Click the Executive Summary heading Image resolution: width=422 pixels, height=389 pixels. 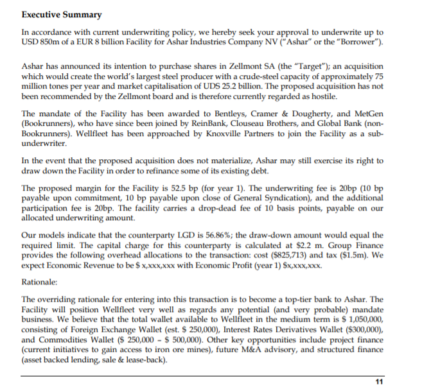point(61,14)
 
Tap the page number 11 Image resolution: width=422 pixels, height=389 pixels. point(379,381)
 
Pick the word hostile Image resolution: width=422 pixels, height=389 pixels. point(322,97)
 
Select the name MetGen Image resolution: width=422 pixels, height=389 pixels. point(369,113)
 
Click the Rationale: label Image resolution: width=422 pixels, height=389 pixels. point(40,281)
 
